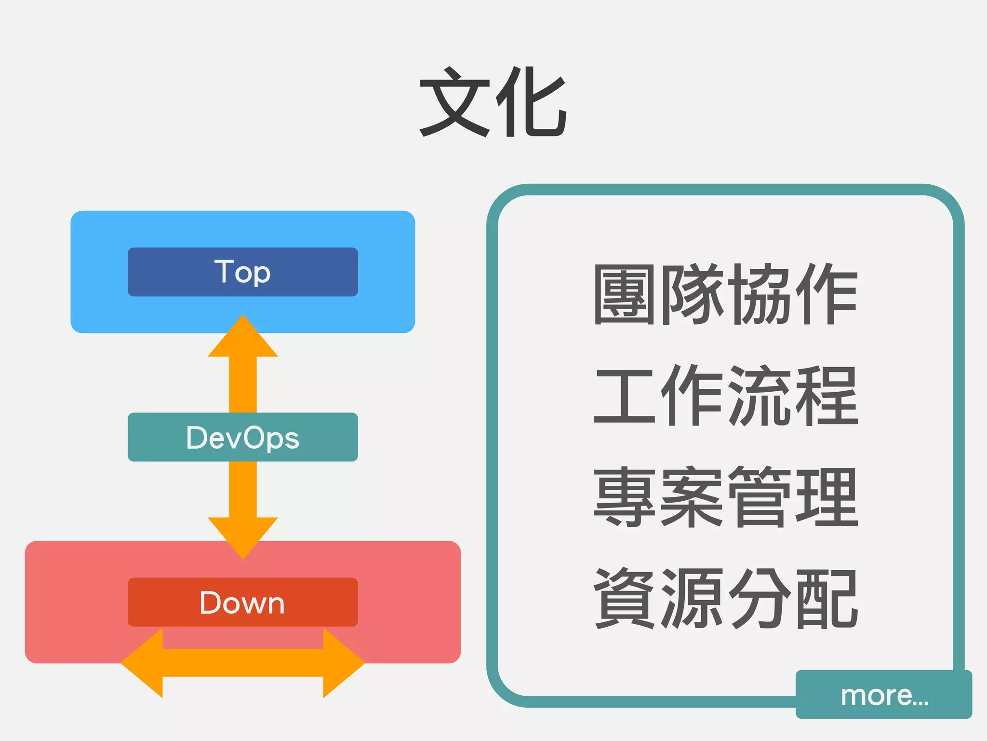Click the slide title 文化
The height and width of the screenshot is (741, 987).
pyautogui.click(x=493, y=102)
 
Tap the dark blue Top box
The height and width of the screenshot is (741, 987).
pyautogui.click(x=242, y=272)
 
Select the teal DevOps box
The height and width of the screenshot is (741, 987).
pyautogui.click(x=242, y=437)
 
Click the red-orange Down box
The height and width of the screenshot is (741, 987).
pyautogui.click(x=242, y=602)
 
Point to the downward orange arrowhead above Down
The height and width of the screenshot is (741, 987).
pyautogui.click(x=242, y=535)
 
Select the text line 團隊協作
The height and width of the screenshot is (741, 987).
pyautogui.click(x=725, y=294)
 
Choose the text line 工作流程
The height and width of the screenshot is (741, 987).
pyautogui.click(x=725, y=396)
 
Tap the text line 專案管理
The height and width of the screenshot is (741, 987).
pyautogui.click(x=725, y=497)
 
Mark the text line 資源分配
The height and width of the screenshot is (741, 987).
pyautogui.click(x=725, y=598)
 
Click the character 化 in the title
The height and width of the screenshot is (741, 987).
pyautogui.click(x=532, y=102)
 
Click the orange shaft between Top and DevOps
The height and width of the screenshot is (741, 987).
pyautogui.click(x=242, y=384)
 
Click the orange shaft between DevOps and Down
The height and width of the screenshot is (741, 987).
pyautogui.click(x=242, y=489)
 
